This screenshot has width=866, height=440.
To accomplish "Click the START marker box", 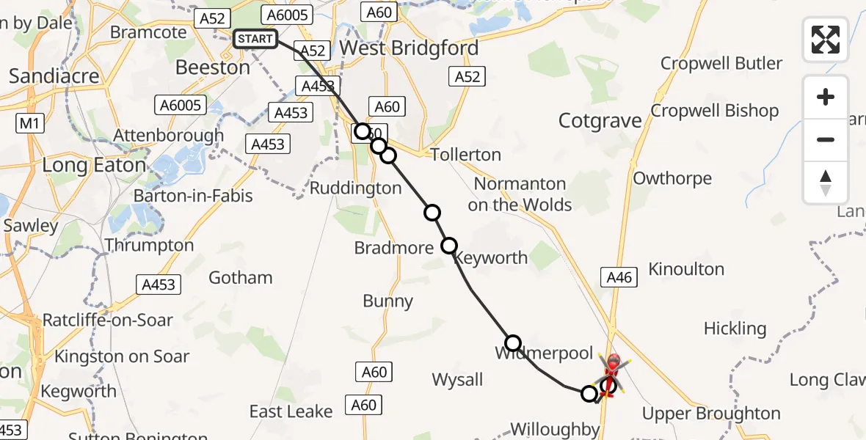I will [255, 39].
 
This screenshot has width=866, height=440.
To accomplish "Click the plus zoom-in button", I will [826, 97].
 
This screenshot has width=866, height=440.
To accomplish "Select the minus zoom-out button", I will [826, 139].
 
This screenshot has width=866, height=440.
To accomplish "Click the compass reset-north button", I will [826, 182].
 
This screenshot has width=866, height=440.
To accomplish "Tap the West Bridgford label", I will [410, 48].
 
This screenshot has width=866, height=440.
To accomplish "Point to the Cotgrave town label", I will [600, 121].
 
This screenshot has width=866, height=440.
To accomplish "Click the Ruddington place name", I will [355, 188].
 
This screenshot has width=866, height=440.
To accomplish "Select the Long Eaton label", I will [94, 165].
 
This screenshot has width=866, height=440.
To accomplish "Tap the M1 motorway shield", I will [28, 124].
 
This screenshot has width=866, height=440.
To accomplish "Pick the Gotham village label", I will [241, 278].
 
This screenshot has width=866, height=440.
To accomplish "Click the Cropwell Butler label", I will [721, 63].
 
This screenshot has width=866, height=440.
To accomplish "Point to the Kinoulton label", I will [686, 270].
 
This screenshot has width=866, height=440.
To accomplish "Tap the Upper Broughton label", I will [711, 414].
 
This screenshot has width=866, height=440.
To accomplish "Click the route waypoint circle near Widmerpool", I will [513, 342].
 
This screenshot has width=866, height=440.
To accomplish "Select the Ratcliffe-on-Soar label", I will [108, 320].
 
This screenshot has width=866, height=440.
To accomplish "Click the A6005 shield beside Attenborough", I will [180, 106].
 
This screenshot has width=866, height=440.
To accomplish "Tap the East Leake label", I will [291, 411].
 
